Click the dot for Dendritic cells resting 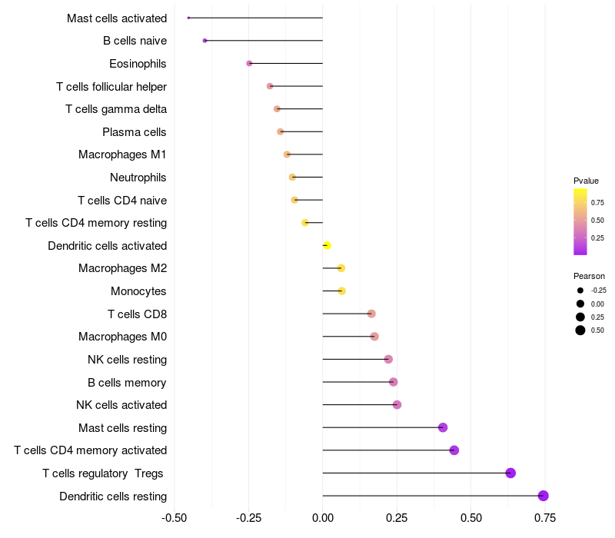tap(544, 496)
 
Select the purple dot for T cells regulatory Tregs tap(510, 473)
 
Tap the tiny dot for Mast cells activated tap(188, 18)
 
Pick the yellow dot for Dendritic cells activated tap(327, 245)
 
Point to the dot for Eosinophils tap(249, 63)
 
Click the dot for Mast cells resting tap(443, 427)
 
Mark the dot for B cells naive tap(204, 41)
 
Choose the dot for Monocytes tap(341, 291)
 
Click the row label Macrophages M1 tap(122, 154)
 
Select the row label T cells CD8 tap(138, 314)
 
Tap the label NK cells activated tap(121, 405)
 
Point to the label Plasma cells tap(134, 132)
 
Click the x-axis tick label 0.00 tap(323, 518)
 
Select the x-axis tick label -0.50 tap(175, 518)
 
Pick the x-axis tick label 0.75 tap(545, 518)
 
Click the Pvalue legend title tap(586, 181)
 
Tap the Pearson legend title tap(589, 276)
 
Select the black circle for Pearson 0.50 tap(580, 330)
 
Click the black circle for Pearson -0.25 tap(580, 291)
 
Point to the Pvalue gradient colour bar tap(580, 222)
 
